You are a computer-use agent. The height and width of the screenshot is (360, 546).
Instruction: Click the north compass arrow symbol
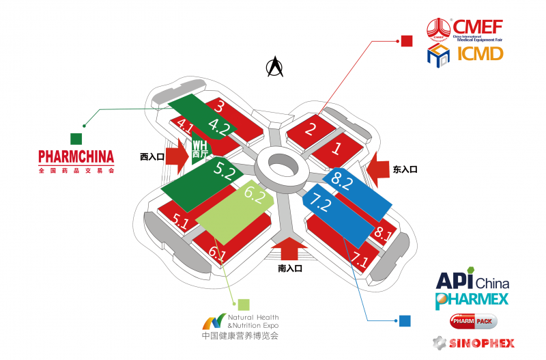pyautogui.click(x=275, y=66)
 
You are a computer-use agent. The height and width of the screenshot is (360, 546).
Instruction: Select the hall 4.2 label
pyautogui.click(x=219, y=126)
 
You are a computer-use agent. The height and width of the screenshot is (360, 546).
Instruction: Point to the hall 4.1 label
pyautogui.click(x=185, y=125)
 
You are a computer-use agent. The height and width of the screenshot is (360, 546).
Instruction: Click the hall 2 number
pyautogui.click(x=311, y=128)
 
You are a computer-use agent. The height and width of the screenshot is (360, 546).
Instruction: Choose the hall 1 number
pyautogui.click(x=336, y=147)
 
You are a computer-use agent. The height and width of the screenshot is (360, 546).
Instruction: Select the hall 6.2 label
pyautogui.click(x=254, y=196)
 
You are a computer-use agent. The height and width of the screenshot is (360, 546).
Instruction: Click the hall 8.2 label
pyautogui.click(x=342, y=181)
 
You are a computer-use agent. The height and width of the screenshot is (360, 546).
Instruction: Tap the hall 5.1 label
pyautogui.click(x=180, y=221)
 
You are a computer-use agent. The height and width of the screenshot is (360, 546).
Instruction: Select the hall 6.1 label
pyautogui.click(x=217, y=254)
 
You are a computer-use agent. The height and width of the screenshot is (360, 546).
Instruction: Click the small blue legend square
pyautogui.click(x=405, y=320)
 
